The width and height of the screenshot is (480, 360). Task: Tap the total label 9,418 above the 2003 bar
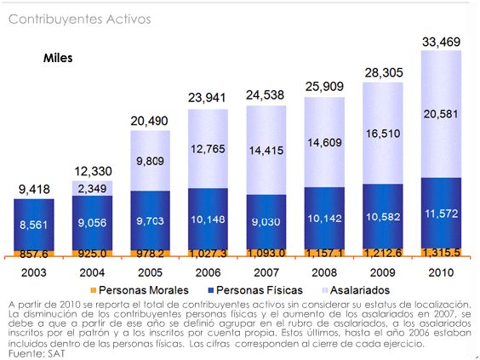33,188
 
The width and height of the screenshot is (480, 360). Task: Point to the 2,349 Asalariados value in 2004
92,188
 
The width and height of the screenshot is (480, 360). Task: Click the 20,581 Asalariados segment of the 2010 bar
441,114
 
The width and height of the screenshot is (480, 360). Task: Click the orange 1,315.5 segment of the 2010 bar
441,253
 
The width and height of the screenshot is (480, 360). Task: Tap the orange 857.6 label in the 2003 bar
33,254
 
